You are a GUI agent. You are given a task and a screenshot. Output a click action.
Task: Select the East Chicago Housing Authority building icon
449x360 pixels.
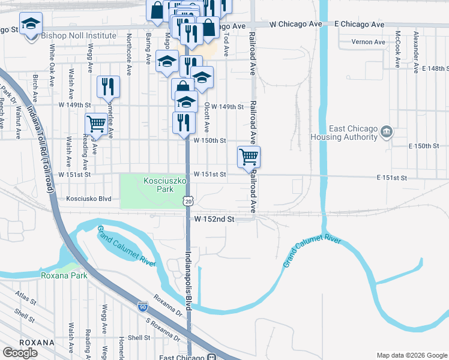(387, 131)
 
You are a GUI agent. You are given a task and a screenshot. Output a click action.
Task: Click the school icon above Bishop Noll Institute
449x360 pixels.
(31, 25)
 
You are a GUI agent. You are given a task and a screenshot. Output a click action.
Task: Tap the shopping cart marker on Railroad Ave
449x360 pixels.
(249, 157)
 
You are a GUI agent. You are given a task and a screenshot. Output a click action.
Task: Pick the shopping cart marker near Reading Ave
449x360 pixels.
(96, 124)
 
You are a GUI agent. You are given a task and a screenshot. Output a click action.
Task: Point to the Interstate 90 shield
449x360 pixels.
(142, 306)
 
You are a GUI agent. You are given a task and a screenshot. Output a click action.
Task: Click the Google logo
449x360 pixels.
(20, 352)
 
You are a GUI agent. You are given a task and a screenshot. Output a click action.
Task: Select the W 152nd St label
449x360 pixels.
(214, 220)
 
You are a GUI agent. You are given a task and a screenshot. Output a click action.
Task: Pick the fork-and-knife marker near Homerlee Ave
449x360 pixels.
(108, 88)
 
